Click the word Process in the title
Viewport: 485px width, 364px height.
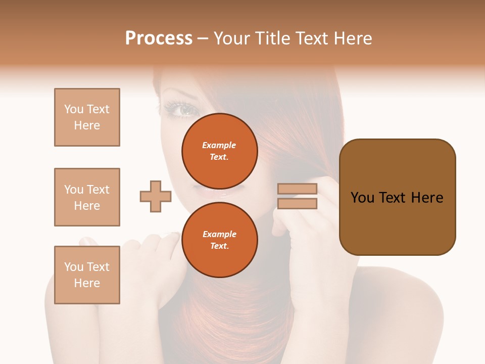pyautogui.click(x=159, y=38)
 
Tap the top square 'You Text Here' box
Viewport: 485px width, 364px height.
pyautogui.click(x=87, y=117)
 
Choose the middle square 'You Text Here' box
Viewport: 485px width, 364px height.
pyautogui.click(x=87, y=197)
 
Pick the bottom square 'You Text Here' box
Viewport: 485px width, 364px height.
pyautogui.click(x=87, y=275)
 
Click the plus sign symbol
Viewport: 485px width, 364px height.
pyautogui.click(x=156, y=196)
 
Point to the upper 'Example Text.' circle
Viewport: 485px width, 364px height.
pyautogui.click(x=220, y=151)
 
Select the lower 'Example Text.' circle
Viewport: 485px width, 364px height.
pyautogui.click(x=220, y=240)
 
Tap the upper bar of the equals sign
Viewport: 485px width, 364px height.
pyautogui.click(x=298, y=189)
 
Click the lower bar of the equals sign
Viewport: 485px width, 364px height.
pyautogui.click(x=298, y=204)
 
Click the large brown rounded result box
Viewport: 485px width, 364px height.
pyautogui.click(x=397, y=197)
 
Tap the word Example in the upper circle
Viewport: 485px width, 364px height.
pyautogui.click(x=219, y=145)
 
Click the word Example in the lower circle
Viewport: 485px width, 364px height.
pyautogui.click(x=219, y=234)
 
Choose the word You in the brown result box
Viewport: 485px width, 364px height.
pyautogui.click(x=362, y=198)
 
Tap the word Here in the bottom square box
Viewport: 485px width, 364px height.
pyautogui.click(x=87, y=283)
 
